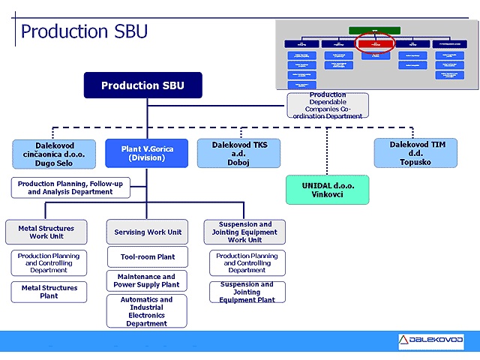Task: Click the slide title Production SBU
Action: pyautogui.click(x=84, y=31)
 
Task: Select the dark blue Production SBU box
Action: pyautogui.click(x=142, y=85)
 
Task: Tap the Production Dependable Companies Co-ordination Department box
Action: pyautogui.click(x=328, y=106)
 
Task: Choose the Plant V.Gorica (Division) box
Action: pyautogui.click(x=147, y=154)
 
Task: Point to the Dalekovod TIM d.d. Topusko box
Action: pyautogui.click(x=416, y=153)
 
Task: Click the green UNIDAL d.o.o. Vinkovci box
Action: pyautogui.click(x=327, y=190)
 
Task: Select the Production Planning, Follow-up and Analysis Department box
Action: pyautogui.click(x=70, y=187)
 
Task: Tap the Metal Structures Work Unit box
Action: pyautogui.click(x=46, y=232)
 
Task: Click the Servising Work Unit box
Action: pyautogui.click(x=147, y=232)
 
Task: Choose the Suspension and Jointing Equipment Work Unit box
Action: pyautogui.click(x=244, y=232)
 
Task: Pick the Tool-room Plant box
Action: pyautogui.click(x=147, y=257)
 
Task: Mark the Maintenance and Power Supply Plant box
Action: pyautogui.click(x=147, y=281)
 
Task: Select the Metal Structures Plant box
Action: pyautogui.click(x=49, y=292)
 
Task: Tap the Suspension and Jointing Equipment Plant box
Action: pyautogui.click(x=247, y=292)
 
